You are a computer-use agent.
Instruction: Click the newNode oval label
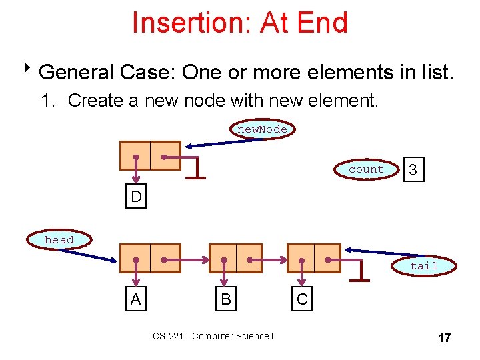point(263,129)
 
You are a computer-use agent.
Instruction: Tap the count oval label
point(366,169)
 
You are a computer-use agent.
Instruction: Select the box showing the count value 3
point(413,171)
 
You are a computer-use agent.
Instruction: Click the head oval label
point(59,239)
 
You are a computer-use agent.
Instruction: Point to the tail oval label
point(424,265)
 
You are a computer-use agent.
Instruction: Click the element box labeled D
point(135,197)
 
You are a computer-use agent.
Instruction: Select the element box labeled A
point(135,299)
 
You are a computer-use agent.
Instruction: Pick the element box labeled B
point(225,299)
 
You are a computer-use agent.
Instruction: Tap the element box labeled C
point(302,299)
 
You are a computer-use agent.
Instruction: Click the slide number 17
point(444,338)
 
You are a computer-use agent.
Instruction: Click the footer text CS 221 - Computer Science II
point(214,336)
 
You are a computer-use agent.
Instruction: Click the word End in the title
point(325,23)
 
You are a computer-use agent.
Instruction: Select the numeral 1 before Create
point(45,101)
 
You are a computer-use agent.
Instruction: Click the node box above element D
point(150,156)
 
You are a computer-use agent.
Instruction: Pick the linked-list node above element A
point(150,258)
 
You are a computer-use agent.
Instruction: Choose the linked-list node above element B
point(235,258)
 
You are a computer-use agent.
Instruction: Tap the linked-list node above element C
point(313,258)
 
